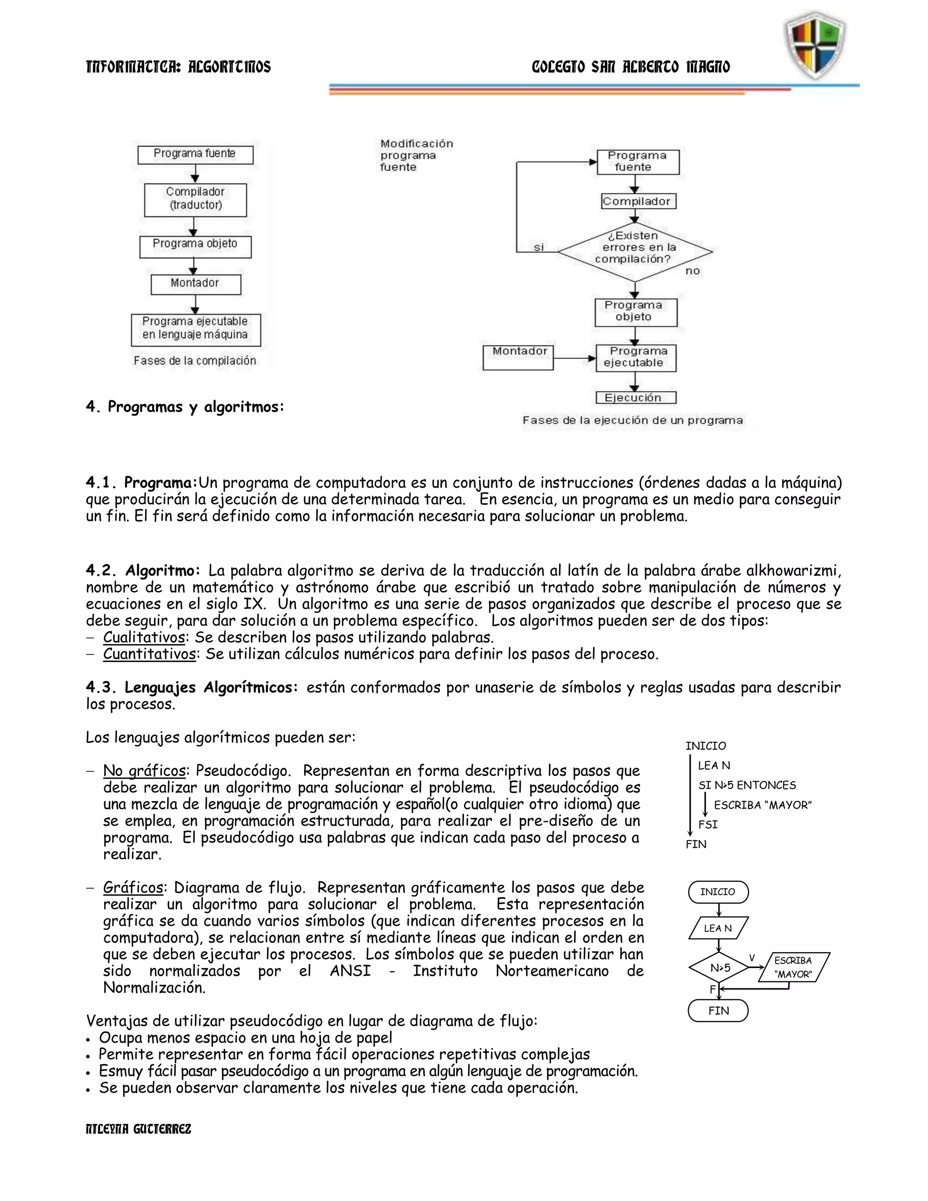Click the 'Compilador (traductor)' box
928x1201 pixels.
(195, 199)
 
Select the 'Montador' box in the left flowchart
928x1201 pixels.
(195, 283)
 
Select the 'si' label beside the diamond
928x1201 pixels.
(539, 247)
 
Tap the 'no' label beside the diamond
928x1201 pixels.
(692, 271)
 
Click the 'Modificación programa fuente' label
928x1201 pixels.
(416, 155)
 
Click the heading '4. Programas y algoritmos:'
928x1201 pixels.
(185, 407)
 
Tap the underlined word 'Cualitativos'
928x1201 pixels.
(144, 638)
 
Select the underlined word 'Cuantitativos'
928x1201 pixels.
(149, 654)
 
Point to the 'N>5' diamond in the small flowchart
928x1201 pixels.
(719, 968)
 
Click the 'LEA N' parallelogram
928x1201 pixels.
(718, 928)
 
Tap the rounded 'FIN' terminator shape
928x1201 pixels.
(718, 1011)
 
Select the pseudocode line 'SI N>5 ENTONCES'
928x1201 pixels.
(747, 785)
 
